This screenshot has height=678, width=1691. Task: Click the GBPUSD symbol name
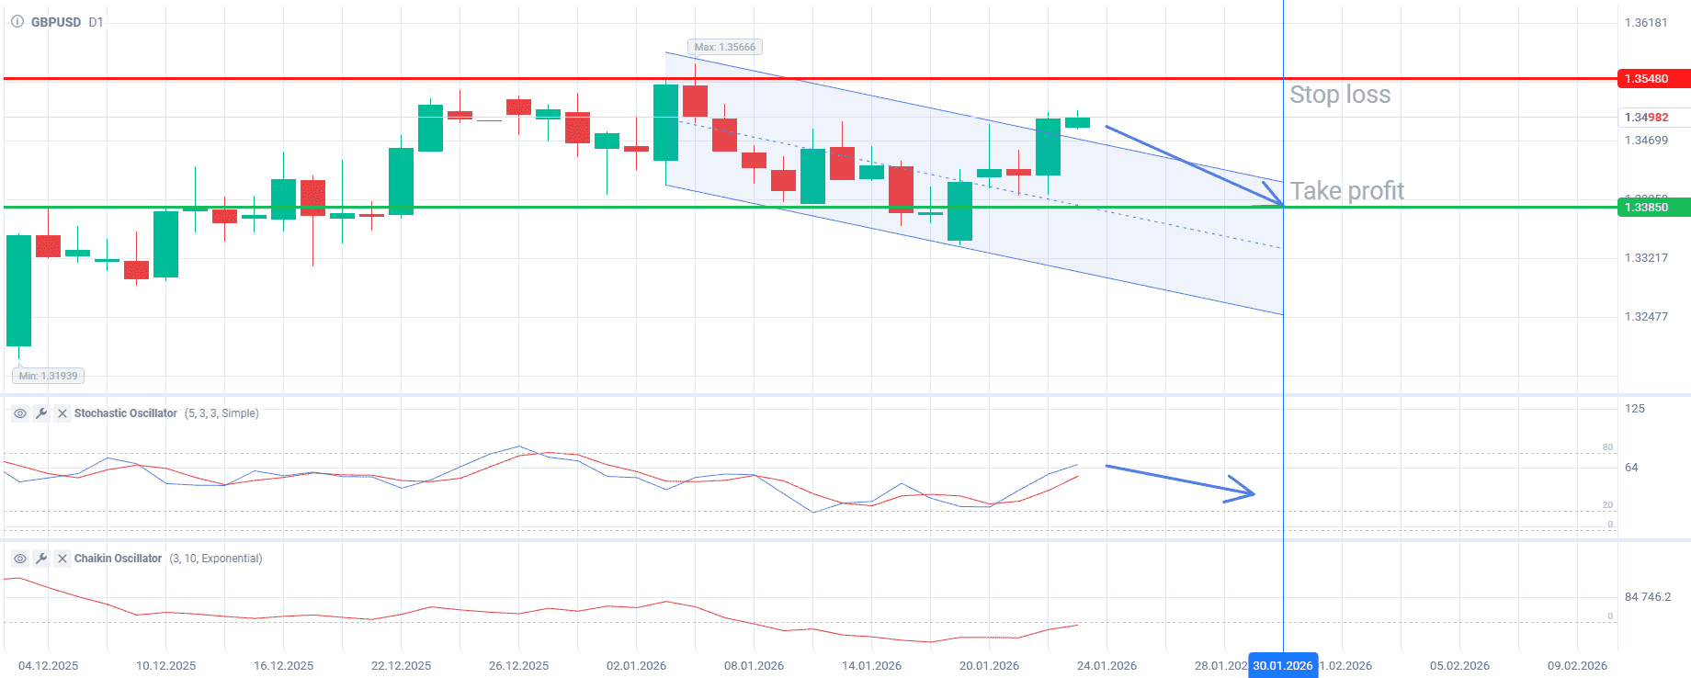56,22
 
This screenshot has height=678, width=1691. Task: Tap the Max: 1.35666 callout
725,47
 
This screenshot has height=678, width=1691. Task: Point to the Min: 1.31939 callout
49,376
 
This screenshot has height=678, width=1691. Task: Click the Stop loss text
1340,95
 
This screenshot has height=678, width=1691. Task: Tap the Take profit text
1346,191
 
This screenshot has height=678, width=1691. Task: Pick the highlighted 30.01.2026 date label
1283,666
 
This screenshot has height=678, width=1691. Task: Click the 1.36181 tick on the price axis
1646,23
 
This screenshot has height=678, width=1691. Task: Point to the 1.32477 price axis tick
1646,317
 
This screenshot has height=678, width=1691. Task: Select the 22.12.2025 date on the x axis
401,666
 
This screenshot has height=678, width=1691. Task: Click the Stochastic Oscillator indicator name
126,413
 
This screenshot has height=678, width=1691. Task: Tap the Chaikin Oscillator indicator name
118,559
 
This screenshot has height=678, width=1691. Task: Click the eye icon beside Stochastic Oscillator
20,413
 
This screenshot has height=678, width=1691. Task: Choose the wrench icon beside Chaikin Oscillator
41,559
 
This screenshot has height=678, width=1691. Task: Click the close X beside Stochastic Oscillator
62,413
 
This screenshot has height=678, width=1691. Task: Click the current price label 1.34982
1646,118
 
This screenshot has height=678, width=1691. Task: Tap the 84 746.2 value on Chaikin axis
1648,597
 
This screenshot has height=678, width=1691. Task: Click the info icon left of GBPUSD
17,22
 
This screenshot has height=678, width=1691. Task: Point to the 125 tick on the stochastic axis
1635,409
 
